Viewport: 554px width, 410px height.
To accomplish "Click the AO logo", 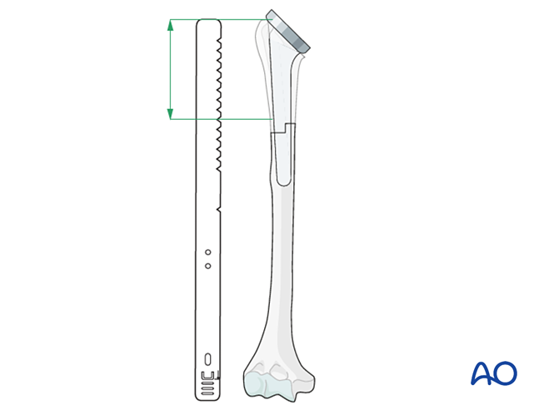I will point(493,373).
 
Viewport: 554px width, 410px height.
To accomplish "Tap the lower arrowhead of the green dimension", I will point(170,113).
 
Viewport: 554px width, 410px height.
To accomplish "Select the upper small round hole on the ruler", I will point(207,251).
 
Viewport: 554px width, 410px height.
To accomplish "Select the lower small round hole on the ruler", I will point(207,265).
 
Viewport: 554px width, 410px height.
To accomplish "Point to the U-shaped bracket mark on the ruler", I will point(207,375).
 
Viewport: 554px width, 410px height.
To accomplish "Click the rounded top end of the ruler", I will point(207,22).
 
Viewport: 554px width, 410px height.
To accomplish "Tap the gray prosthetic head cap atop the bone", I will point(288,32).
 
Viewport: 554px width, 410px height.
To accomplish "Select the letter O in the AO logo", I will point(506,373).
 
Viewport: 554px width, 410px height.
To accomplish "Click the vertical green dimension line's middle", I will point(170,70).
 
